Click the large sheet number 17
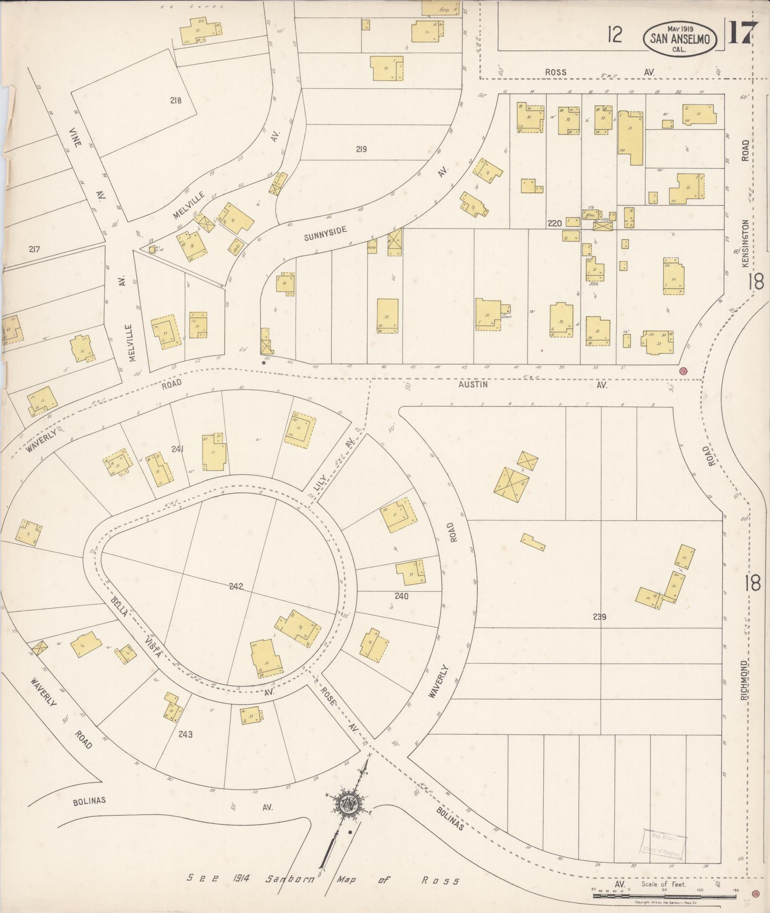tap(743, 33)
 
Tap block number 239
tap(599, 617)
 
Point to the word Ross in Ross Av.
tap(556, 72)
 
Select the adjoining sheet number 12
tap(615, 34)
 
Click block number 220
tap(555, 223)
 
